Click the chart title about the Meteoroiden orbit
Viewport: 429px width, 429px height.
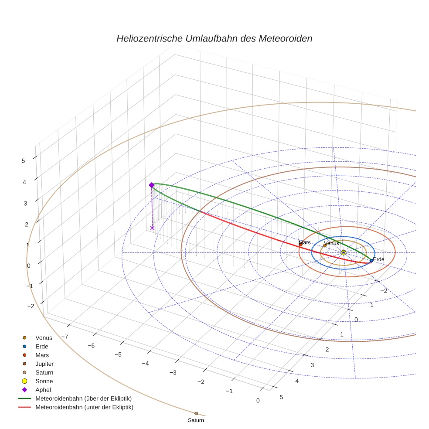tap(214, 38)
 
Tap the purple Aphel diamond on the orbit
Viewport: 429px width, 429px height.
tap(152, 185)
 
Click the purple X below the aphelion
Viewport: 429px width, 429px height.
tap(152, 228)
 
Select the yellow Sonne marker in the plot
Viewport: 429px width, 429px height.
tap(344, 253)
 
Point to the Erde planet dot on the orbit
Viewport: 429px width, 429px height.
tap(371, 261)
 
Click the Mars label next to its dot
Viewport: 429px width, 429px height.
tap(305, 242)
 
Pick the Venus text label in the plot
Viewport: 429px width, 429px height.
tap(332, 243)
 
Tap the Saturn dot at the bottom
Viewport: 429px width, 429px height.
tap(196, 413)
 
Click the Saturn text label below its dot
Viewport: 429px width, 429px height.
tap(196, 421)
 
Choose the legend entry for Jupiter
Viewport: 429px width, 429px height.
tap(44, 364)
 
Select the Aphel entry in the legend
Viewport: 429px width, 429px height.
tap(43, 390)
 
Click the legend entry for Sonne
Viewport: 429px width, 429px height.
tap(44, 381)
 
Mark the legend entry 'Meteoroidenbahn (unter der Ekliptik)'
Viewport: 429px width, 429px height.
tap(84, 407)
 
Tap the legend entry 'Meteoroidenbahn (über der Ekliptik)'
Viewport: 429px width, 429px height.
tap(83, 398)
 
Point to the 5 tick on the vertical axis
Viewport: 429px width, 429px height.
tap(23, 161)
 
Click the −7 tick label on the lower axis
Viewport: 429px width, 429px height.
tap(64, 337)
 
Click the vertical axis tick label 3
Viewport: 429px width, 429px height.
tap(25, 204)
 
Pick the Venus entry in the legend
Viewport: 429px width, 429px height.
tap(44, 337)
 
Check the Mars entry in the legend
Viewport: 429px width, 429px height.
tap(42, 355)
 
